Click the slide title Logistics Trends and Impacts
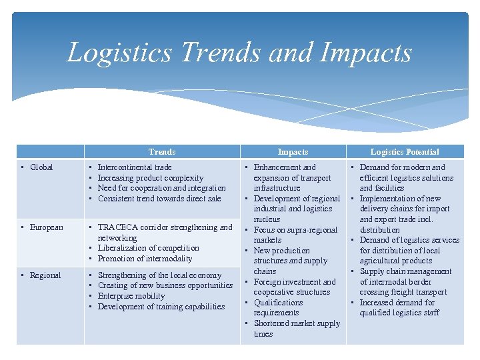(x=239, y=53)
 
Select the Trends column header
(x=162, y=152)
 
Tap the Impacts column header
(x=293, y=152)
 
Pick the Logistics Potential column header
(x=405, y=152)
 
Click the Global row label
(x=41, y=167)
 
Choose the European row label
(x=47, y=227)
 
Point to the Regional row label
(x=45, y=275)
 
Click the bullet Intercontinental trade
(x=135, y=167)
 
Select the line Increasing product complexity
(x=151, y=178)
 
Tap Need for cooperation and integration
(x=161, y=188)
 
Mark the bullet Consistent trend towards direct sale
(x=159, y=199)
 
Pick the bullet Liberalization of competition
(x=148, y=248)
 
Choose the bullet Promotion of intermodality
(x=145, y=259)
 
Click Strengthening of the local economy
(x=159, y=275)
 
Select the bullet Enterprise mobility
(x=131, y=296)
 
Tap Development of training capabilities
(x=161, y=307)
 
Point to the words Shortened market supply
(x=297, y=323)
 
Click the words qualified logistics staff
(x=399, y=313)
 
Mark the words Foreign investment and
(x=295, y=282)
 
